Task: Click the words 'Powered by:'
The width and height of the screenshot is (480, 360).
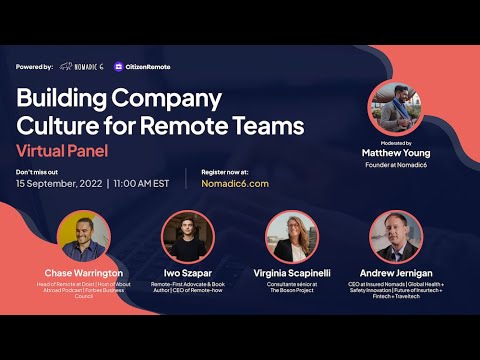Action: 35,67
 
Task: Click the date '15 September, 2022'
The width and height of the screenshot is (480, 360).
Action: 59,184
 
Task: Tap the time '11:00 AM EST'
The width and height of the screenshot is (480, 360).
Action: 140,184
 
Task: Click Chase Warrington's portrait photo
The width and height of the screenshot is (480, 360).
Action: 84,236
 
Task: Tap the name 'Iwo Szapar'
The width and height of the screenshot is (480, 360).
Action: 188,272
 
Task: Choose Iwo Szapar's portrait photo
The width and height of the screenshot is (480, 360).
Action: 188,236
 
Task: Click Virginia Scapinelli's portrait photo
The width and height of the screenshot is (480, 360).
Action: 291,236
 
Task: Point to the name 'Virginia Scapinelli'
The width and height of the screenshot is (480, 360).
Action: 291,272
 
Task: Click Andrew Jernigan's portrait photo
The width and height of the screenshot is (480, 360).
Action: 396,236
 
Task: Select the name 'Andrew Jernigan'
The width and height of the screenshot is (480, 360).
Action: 396,272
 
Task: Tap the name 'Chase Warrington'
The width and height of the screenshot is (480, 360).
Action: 84,272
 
